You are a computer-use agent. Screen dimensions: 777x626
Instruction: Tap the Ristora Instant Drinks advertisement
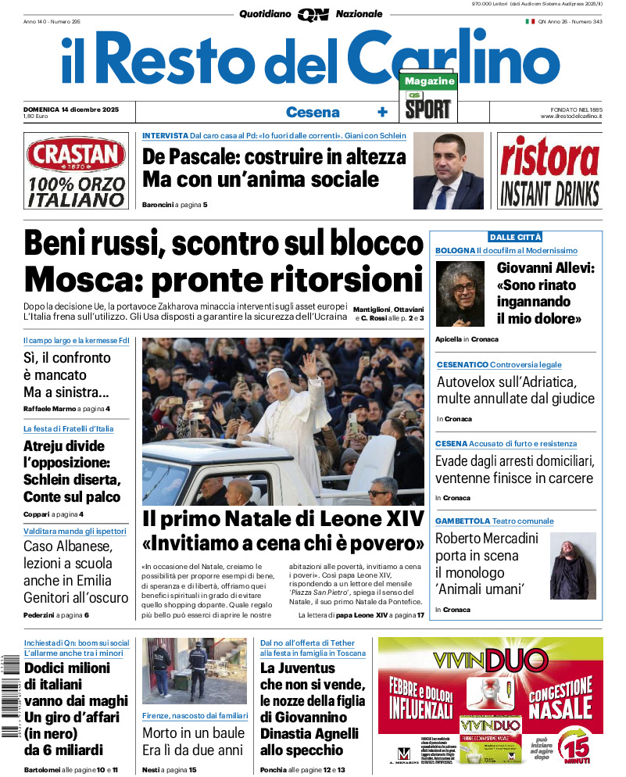pyautogui.click(x=549, y=170)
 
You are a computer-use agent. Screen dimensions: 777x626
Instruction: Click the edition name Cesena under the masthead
pyautogui.click(x=313, y=112)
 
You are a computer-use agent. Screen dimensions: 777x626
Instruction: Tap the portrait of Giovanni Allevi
pyautogui.click(x=461, y=294)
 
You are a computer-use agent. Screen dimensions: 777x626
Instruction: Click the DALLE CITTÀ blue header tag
pyautogui.click(x=515, y=237)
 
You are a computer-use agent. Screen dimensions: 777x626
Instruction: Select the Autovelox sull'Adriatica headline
pyautogui.click(x=514, y=390)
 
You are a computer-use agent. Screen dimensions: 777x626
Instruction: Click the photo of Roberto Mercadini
pyautogui.click(x=573, y=565)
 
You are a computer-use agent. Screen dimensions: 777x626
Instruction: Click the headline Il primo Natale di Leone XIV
pyautogui.click(x=283, y=518)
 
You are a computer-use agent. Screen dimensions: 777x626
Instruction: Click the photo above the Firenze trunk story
pyautogui.click(x=194, y=671)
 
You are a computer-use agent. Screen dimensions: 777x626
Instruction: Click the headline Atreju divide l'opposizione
pyautogui.click(x=72, y=471)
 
